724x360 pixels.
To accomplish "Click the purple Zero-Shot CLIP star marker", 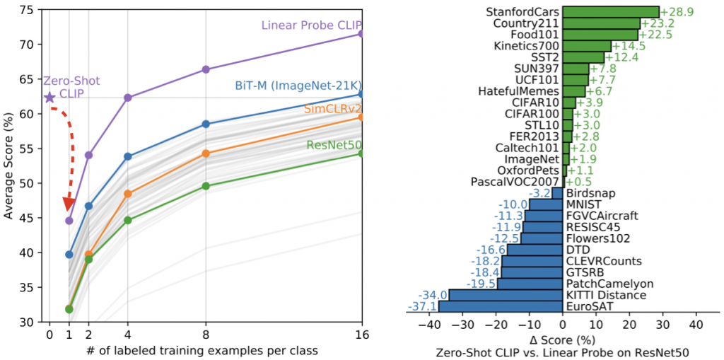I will pos(49,97).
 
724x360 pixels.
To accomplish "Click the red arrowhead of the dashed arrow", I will pos(69,204).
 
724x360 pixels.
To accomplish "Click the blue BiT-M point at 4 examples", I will pos(128,156).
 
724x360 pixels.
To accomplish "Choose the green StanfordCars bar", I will pos(611,11).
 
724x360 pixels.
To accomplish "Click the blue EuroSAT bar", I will pos(501,306).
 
